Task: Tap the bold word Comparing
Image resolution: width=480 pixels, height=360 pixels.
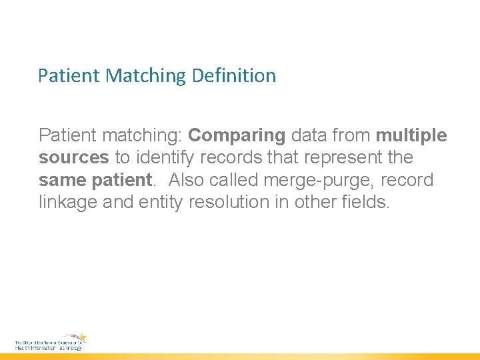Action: coord(237,135)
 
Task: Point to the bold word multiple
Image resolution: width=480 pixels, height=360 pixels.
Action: coord(411,135)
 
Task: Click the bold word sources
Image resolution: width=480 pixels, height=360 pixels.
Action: coord(74,158)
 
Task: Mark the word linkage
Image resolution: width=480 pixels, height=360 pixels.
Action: coord(69,202)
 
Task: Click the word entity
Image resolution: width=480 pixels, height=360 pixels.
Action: coord(160,202)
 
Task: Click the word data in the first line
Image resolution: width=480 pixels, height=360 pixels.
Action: coord(307,135)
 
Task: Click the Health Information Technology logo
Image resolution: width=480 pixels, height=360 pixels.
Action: coord(51,342)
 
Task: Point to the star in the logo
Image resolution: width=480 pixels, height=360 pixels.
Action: coord(81,337)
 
